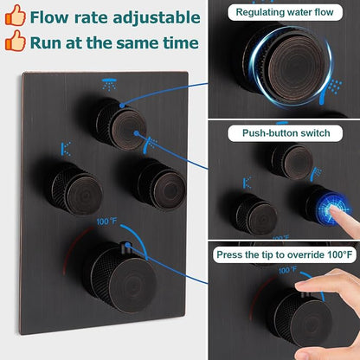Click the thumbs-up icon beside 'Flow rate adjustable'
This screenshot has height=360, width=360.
16,16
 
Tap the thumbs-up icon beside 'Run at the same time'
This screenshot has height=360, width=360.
16,41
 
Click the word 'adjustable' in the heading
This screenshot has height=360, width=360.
157,18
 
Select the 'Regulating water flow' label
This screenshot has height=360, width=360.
285,12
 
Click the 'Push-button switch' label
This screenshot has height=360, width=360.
286,133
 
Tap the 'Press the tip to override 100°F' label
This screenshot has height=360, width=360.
285,255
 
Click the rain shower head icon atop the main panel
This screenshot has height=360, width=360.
109,83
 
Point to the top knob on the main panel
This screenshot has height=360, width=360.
121,125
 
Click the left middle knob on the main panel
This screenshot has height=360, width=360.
75,189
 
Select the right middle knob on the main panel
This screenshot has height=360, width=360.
160,185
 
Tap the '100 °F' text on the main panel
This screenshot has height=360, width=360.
106,222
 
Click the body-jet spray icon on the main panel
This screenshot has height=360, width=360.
66,149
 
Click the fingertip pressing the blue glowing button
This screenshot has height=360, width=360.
333,209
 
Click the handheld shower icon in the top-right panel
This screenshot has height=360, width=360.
330,92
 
